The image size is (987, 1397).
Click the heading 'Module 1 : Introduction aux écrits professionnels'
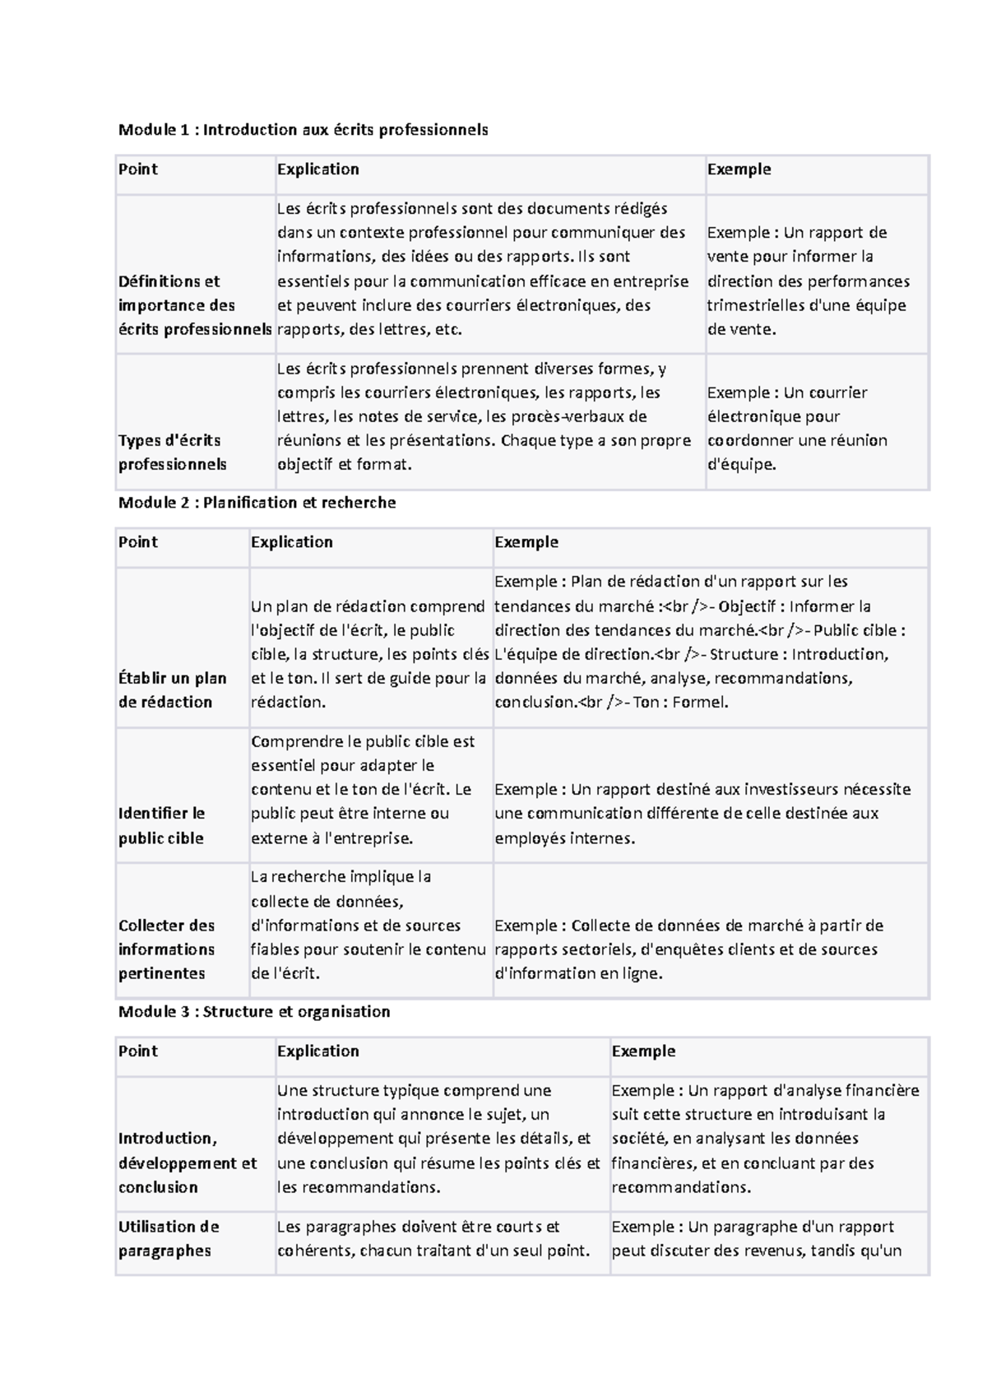pyautogui.click(x=303, y=129)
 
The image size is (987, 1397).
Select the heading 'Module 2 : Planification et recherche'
pyautogui.click(x=257, y=502)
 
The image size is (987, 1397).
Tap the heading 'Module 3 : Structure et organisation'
pyautogui.click(x=254, y=1011)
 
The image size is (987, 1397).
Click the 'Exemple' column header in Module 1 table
pyautogui.click(x=739, y=169)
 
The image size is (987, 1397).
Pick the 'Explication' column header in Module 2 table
pyautogui.click(x=291, y=541)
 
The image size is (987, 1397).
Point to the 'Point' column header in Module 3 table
pyautogui.click(x=137, y=1051)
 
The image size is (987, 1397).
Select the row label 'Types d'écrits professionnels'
pyautogui.click(x=172, y=452)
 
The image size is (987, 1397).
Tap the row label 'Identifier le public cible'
pyautogui.click(x=162, y=825)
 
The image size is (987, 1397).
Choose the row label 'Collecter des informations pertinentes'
pyautogui.click(x=167, y=949)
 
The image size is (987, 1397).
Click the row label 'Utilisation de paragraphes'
pyautogui.click(x=169, y=1238)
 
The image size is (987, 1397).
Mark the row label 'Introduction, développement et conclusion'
pyautogui.click(x=188, y=1163)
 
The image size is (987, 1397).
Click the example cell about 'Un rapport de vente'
pyautogui.click(x=808, y=281)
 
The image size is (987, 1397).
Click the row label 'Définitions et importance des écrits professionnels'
pyautogui.click(x=194, y=305)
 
